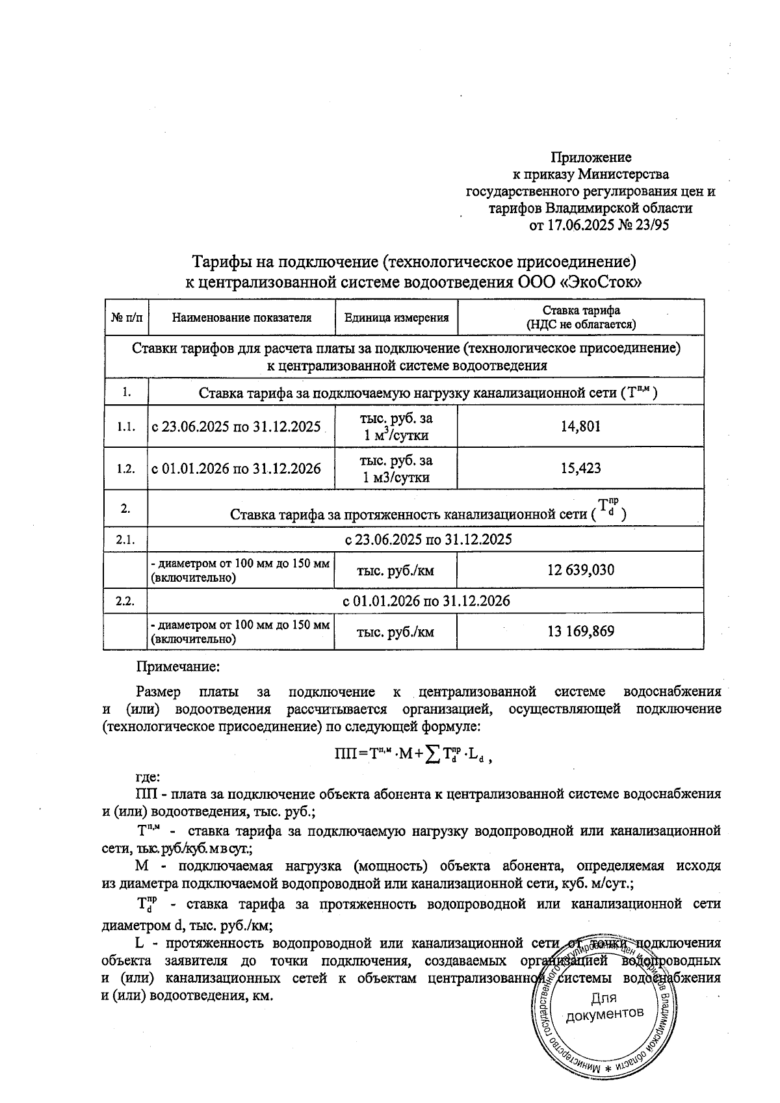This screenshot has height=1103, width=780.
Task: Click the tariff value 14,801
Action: pyautogui.click(x=580, y=426)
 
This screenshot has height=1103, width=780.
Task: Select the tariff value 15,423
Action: pyautogui.click(x=580, y=468)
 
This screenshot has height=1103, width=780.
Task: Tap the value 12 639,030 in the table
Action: pyautogui.click(x=580, y=570)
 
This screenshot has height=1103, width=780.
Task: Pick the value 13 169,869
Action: pyautogui.click(x=580, y=631)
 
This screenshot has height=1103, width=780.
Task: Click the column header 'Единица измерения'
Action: pyautogui.click(x=396, y=318)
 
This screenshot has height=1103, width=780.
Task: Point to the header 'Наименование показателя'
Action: pyautogui.click(x=242, y=318)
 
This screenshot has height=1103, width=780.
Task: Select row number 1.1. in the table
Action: pyautogui.click(x=126, y=427)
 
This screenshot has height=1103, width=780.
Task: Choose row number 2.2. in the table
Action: pyautogui.click(x=126, y=601)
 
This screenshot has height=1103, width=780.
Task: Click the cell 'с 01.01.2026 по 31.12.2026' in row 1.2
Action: pyautogui.click(x=236, y=468)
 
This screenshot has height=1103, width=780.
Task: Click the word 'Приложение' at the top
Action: pyautogui.click(x=591, y=157)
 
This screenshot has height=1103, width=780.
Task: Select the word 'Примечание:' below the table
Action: pyautogui.click(x=177, y=666)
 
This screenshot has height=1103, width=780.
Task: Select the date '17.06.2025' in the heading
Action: pyautogui.click(x=577, y=226)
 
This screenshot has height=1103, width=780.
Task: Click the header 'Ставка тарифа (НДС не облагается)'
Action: pyautogui.click(x=580, y=317)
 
